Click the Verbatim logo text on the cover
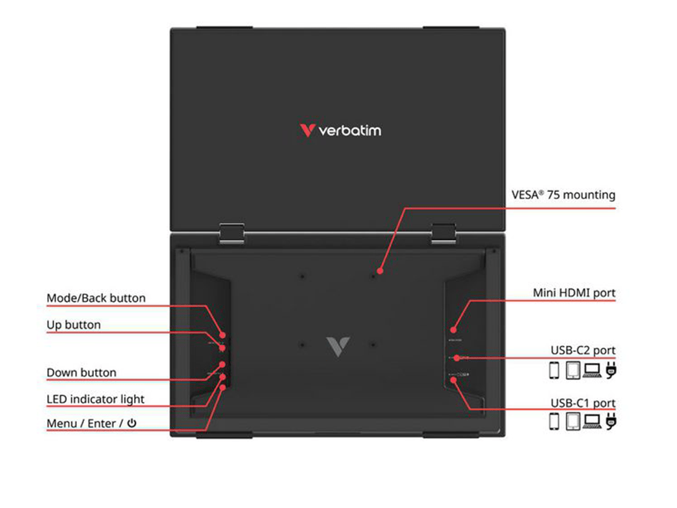(x=350, y=130)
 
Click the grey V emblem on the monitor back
(x=338, y=346)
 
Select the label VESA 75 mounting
(x=563, y=195)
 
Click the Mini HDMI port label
(x=574, y=293)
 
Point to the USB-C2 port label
(x=582, y=351)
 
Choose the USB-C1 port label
(x=582, y=403)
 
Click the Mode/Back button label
(x=96, y=298)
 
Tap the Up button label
(x=73, y=325)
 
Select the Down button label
(x=81, y=373)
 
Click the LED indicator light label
(x=95, y=400)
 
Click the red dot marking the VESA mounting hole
(x=379, y=271)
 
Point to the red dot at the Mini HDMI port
(x=454, y=329)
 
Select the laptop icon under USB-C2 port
(x=592, y=371)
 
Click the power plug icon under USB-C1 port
(x=610, y=421)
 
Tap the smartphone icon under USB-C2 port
(x=554, y=371)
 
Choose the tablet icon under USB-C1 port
(x=573, y=421)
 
